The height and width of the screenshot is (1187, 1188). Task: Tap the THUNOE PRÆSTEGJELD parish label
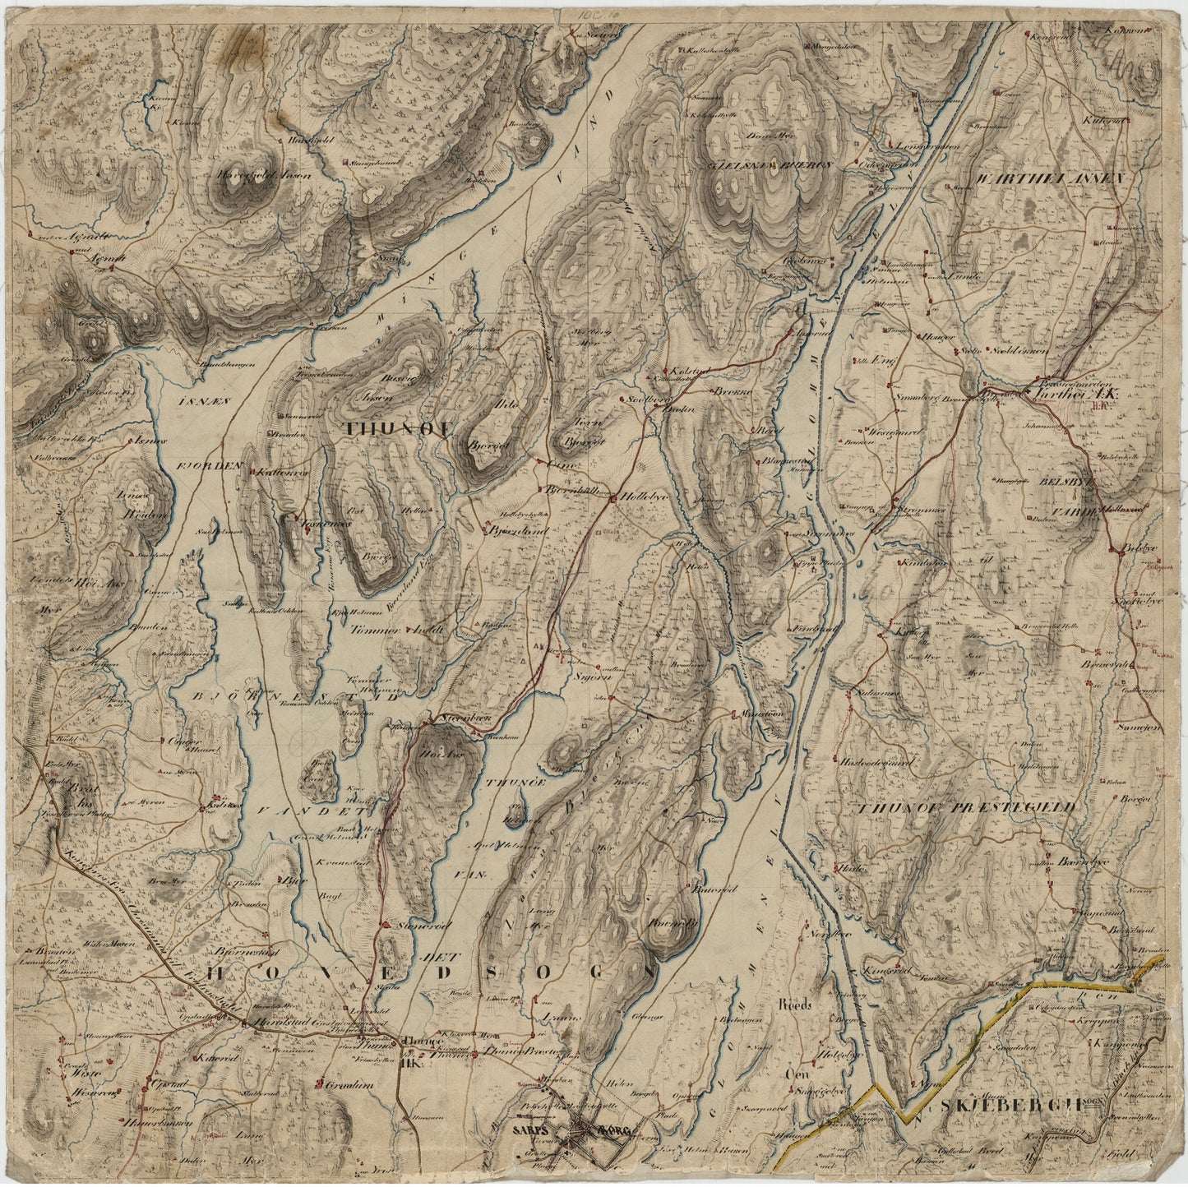point(967,808)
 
